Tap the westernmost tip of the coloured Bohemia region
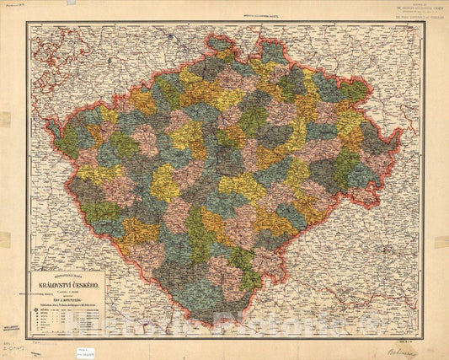pos(48,124)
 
